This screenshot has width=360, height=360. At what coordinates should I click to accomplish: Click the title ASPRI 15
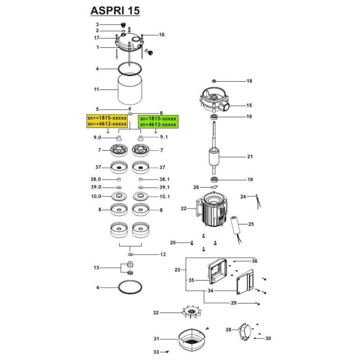click(114, 10)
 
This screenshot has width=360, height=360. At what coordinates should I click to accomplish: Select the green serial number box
click(157, 121)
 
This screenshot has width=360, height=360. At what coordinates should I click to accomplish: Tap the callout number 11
click(96, 89)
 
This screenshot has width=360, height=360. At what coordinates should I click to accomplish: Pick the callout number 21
click(250, 157)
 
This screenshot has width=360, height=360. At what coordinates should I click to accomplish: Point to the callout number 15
click(249, 105)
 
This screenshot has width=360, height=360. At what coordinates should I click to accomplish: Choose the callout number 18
click(249, 81)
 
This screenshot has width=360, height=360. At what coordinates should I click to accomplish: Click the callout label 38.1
click(164, 179)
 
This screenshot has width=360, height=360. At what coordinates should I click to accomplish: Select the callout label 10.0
click(97, 196)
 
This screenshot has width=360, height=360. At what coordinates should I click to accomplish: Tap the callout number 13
click(96, 268)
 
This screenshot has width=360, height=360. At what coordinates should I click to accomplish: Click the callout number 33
click(156, 352)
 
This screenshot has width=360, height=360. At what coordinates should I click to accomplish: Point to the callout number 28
click(228, 329)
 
